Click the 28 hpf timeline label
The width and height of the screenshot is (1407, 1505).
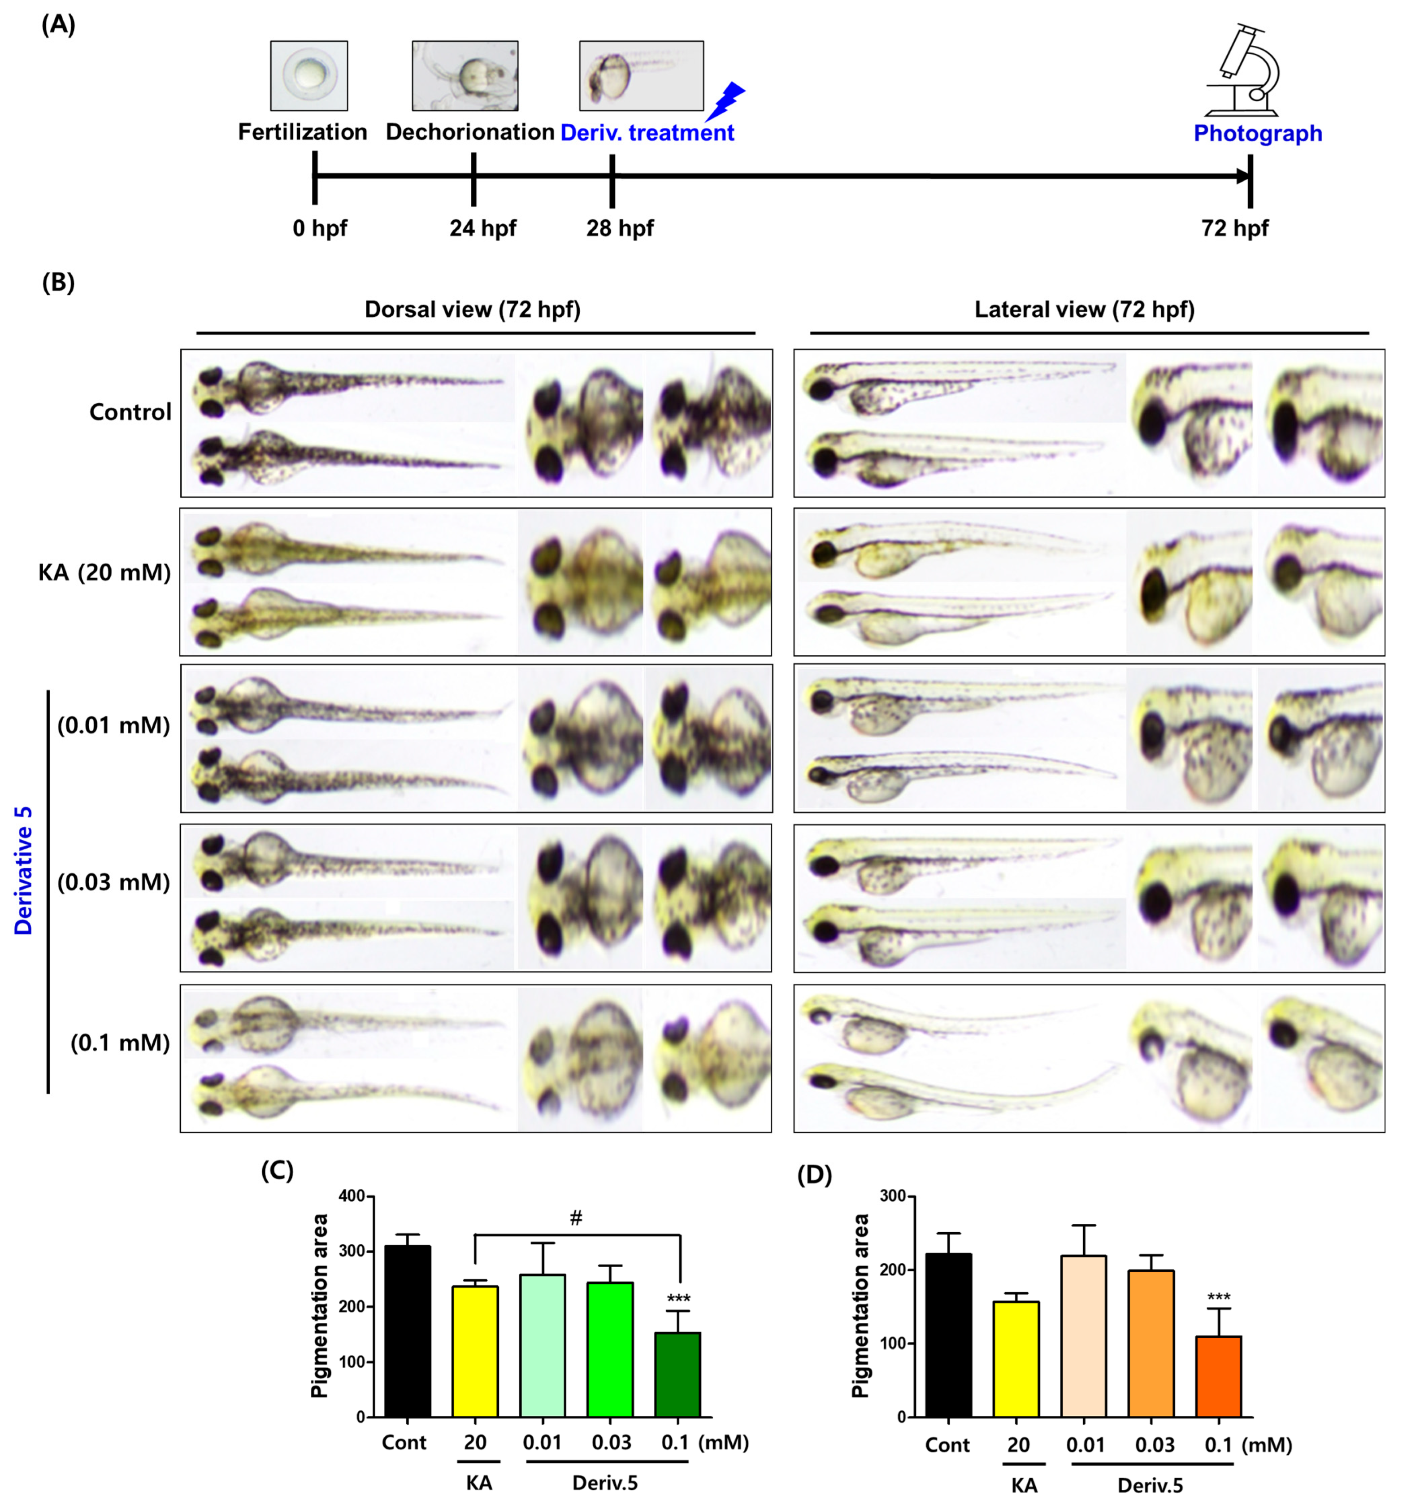[619, 228]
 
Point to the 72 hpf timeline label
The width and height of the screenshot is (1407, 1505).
[1234, 228]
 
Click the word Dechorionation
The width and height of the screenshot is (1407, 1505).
[469, 132]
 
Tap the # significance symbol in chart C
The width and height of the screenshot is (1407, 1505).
[576, 1218]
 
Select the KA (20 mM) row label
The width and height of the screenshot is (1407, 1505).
[104, 572]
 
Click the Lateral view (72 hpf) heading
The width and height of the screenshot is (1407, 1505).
[1084, 310]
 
